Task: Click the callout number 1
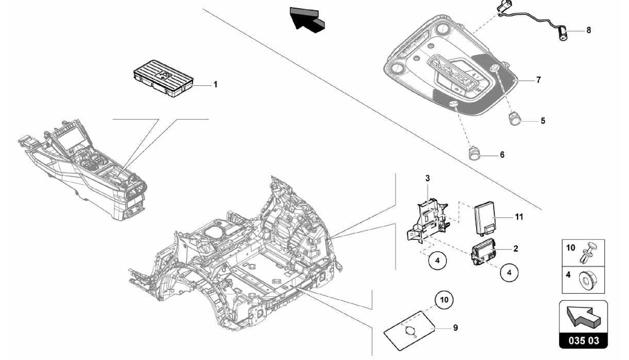pos(216,84)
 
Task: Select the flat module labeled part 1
pos(163,78)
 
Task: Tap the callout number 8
pos(588,30)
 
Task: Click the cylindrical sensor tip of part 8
pos(563,34)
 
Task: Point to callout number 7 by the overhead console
pos(538,80)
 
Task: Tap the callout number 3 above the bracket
pos(428,178)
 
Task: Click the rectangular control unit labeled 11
pos(485,220)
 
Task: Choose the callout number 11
pos(519,217)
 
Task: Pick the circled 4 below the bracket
pos(437,260)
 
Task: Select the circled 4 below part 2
pos(509,272)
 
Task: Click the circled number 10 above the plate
pos(444,299)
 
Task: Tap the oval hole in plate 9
pos(410,331)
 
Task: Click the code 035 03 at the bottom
pos(583,341)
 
